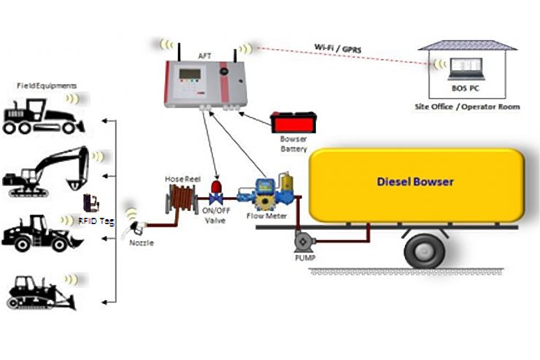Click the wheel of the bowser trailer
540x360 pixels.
pos(424,250)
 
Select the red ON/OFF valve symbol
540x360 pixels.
pos(216,192)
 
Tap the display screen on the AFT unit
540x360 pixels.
pos(190,75)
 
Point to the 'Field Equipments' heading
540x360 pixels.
pos(47,86)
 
